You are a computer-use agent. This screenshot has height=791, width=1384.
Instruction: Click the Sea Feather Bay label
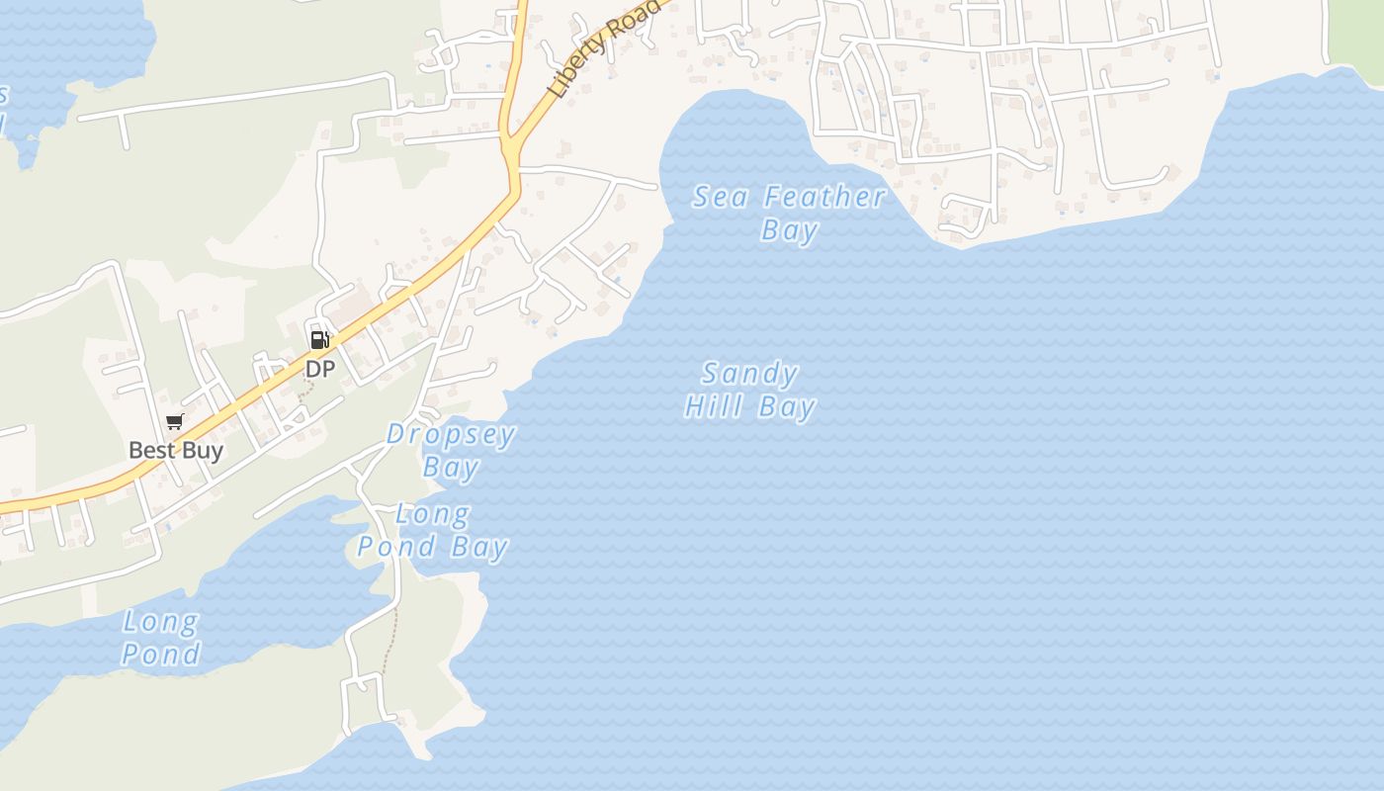(x=789, y=213)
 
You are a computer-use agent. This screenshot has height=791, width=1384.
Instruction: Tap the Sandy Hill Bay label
(x=750, y=390)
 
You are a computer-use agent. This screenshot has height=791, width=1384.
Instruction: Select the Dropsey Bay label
(x=451, y=450)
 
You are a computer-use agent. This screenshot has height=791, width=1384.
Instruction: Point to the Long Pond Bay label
(x=433, y=531)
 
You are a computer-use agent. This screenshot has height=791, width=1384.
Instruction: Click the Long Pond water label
(x=160, y=638)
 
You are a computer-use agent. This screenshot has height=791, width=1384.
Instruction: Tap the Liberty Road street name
(x=604, y=47)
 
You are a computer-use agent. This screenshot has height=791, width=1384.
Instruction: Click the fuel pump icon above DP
(x=319, y=340)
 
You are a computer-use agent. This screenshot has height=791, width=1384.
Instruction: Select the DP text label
(x=319, y=369)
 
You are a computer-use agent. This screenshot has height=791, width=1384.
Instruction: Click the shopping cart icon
(x=175, y=422)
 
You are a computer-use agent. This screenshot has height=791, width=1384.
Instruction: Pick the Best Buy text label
(x=176, y=451)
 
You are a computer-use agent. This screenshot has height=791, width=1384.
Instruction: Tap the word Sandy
(x=750, y=374)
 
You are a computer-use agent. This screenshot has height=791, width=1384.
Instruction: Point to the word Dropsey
(x=451, y=435)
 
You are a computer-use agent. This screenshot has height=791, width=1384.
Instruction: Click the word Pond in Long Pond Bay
(x=396, y=547)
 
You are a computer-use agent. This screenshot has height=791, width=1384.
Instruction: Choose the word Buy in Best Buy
(x=203, y=451)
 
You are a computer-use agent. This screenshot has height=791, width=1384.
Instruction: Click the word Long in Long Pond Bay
(x=432, y=514)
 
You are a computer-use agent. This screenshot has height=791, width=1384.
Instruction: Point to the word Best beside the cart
(x=150, y=451)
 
